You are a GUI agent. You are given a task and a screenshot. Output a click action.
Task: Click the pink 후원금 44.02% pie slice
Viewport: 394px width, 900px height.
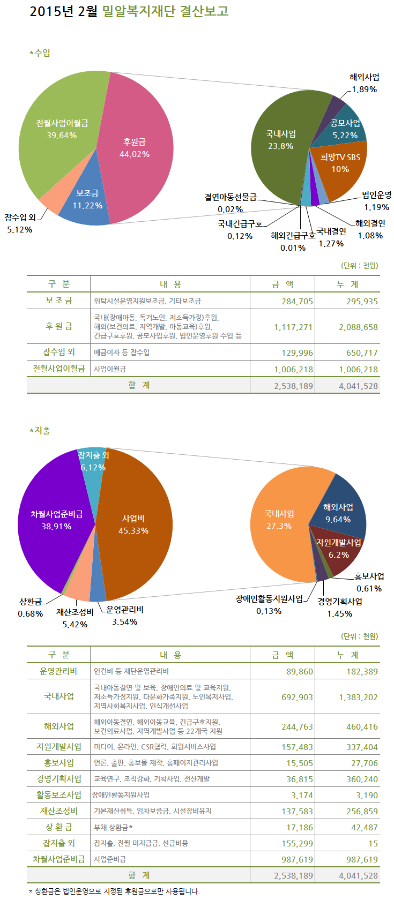pos(137,147)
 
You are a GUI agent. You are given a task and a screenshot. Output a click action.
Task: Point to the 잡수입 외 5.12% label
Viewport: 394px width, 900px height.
pos(20,223)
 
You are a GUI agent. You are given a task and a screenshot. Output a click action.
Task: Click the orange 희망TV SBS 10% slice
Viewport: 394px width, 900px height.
pos(340,163)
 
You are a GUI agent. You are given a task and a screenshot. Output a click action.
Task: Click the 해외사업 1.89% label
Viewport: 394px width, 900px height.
pos(364,83)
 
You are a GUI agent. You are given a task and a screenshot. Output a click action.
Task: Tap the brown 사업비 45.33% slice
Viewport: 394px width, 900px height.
pos(134,524)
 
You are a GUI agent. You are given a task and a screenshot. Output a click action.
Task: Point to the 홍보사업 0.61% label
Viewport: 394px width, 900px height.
pos(369,582)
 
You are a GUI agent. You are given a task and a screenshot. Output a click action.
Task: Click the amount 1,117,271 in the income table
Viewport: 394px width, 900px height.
pos(293,327)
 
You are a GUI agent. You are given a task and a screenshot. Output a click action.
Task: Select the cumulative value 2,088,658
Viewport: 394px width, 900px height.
pos(358,327)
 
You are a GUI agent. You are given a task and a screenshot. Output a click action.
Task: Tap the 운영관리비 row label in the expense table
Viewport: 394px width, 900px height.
pos(58,671)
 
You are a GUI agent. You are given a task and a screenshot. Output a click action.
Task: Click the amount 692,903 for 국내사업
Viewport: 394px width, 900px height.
pos(297,697)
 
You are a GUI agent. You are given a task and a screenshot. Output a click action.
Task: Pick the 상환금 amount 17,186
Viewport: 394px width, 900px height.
pos(300,827)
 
